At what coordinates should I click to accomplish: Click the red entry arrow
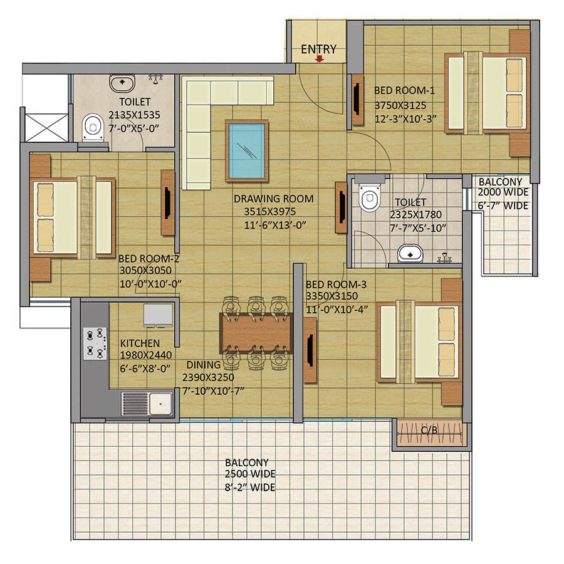[319, 59]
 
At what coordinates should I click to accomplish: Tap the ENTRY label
[319, 49]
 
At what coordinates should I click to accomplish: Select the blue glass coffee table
[247, 150]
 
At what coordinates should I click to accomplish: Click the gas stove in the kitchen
[95, 343]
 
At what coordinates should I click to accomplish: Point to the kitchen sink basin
[161, 403]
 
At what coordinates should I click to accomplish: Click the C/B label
[429, 430]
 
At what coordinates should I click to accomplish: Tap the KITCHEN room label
[140, 343]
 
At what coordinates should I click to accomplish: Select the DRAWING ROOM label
[274, 199]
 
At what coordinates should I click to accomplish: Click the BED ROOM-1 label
[404, 90]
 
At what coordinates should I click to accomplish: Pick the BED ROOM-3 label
[336, 285]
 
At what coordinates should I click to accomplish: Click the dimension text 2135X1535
[134, 115]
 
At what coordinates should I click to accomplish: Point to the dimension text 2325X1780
[416, 215]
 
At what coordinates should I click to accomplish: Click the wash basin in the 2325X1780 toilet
[410, 254]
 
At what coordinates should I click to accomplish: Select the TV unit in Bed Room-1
[357, 100]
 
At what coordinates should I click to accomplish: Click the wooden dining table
[256, 333]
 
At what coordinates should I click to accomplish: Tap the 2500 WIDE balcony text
[250, 474]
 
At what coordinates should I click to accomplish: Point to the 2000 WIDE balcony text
[503, 192]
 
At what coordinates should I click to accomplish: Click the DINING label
[203, 365]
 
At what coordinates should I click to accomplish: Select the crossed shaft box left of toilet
[46, 128]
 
